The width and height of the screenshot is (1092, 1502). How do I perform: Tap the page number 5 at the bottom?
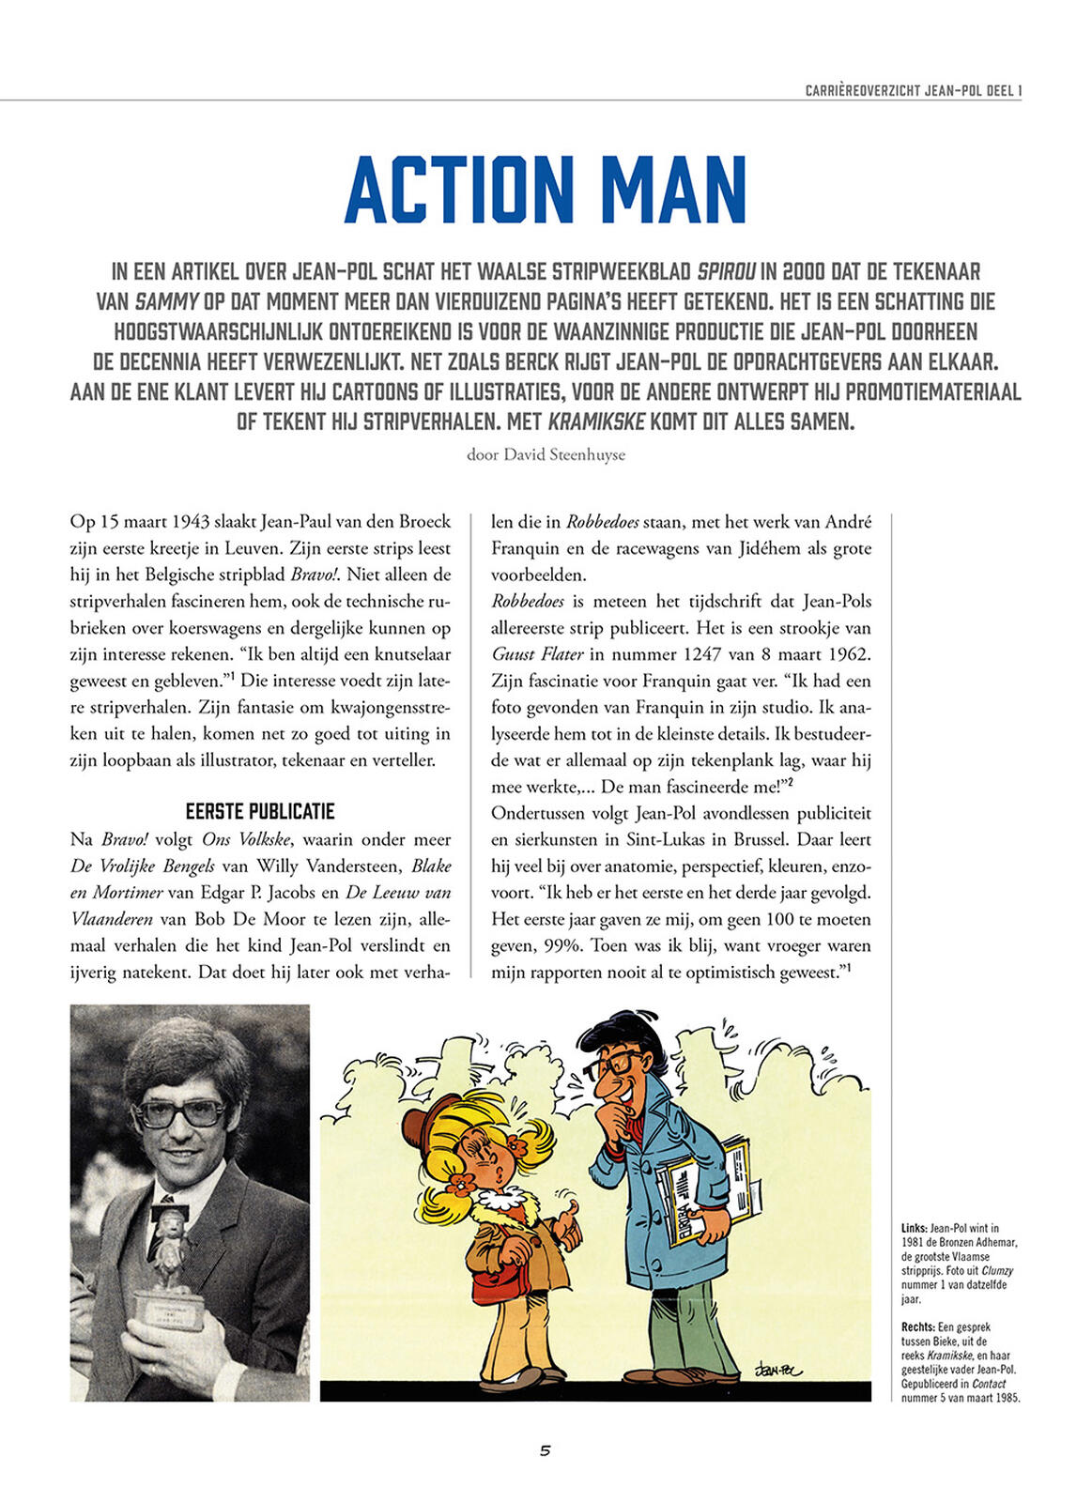click(545, 1450)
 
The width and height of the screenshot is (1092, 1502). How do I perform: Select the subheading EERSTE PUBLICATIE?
click(260, 811)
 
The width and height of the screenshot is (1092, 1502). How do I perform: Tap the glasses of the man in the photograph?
click(180, 1113)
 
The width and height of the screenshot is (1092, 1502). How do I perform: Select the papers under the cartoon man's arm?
click(704, 1192)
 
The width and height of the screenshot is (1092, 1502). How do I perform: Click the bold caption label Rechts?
click(917, 1327)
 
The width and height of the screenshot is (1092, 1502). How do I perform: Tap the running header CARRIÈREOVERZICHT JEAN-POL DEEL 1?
click(913, 91)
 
